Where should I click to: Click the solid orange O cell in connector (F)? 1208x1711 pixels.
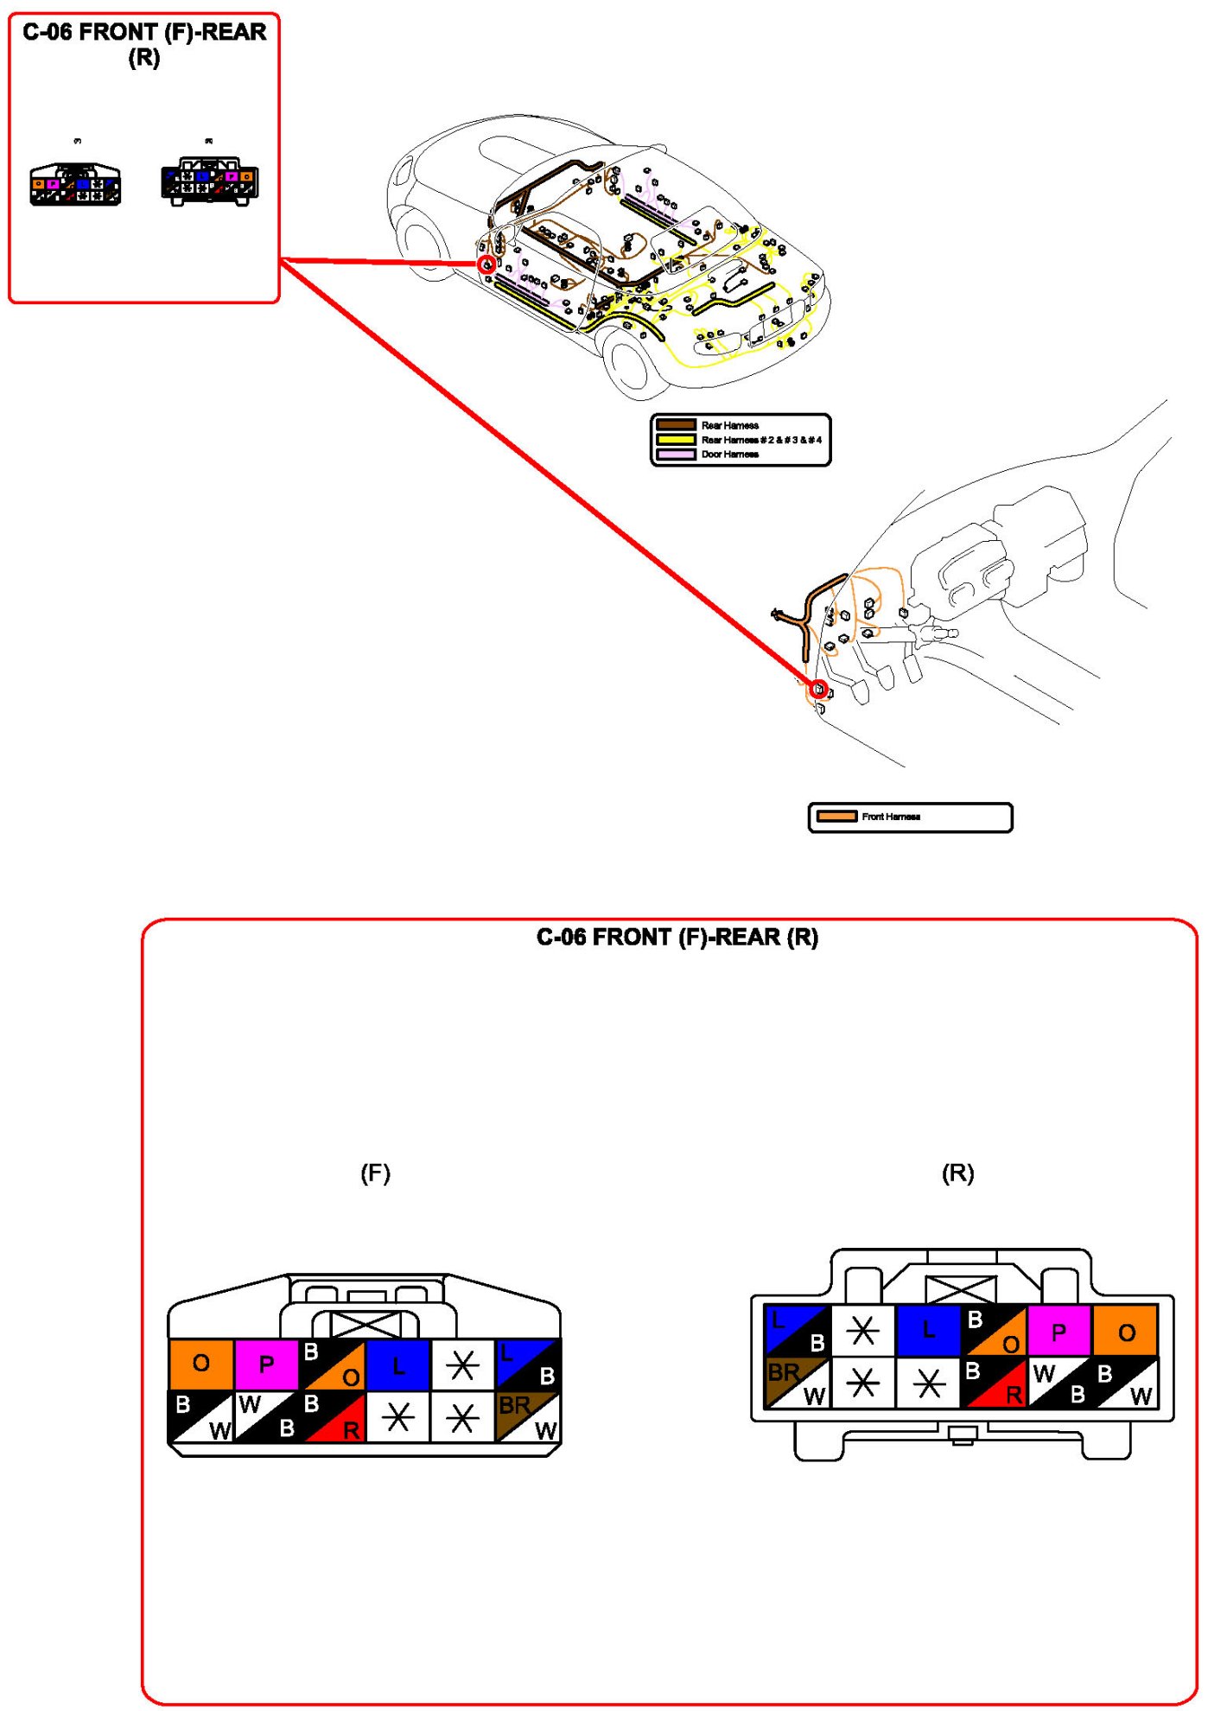(200, 1364)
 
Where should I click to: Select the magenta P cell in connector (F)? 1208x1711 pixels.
(266, 1364)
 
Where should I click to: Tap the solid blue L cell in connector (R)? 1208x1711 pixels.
(928, 1330)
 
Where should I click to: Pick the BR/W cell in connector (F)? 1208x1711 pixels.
(527, 1416)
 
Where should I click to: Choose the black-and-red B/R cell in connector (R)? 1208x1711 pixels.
(994, 1383)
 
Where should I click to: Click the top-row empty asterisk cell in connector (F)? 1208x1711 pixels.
(462, 1364)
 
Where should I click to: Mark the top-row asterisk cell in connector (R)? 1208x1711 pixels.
(862, 1330)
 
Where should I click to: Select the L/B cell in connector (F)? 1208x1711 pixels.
(528, 1364)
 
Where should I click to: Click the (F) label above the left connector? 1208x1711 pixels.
(375, 1173)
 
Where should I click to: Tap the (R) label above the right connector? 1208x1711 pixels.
(957, 1173)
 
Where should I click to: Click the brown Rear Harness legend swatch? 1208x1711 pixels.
(676, 424)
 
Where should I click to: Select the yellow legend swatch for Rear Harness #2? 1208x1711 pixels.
(676, 439)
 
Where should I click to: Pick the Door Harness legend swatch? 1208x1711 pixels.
(676, 454)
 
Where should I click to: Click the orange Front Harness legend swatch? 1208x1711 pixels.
(836, 816)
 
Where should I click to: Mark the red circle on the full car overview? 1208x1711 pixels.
(486, 264)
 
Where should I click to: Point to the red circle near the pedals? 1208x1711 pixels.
(817, 690)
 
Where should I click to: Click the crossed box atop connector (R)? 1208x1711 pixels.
(960, 1289)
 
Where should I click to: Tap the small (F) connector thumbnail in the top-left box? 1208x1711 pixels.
(76, 184)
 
